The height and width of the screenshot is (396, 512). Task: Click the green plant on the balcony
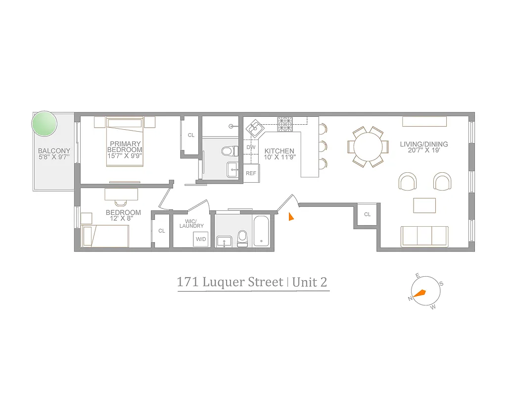[x=44, y=124]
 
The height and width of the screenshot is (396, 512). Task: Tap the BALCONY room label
[x=54, y=151]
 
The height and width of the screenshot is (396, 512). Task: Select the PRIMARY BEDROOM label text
[x=126, y=147]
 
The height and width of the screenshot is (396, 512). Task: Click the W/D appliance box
[x=200, y=239]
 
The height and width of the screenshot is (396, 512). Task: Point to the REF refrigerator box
[x=251, y=173]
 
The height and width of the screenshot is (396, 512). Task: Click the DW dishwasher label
[x=251, y=147]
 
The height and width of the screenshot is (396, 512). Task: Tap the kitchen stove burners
[x=285, y=124]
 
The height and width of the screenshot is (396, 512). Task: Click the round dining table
[x=367, y=147]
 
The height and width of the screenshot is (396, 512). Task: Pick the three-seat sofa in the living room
[x=424, y=236]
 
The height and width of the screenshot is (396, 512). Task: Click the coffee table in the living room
[x=424, y=205]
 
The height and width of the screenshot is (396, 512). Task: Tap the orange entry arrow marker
[x=291, y=216]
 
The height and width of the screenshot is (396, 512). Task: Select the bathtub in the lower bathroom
[x=261, y=231]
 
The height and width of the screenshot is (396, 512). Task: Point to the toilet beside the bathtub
[x=242, y=238]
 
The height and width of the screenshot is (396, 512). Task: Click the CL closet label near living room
[x=367, y=214]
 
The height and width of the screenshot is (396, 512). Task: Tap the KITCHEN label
[x=279, y=151]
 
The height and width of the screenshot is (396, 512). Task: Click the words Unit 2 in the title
[x=310, y=282]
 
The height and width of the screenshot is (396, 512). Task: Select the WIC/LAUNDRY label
[x=191, y=223]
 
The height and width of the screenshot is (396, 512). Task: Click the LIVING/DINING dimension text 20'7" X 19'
[x=424, y=151]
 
